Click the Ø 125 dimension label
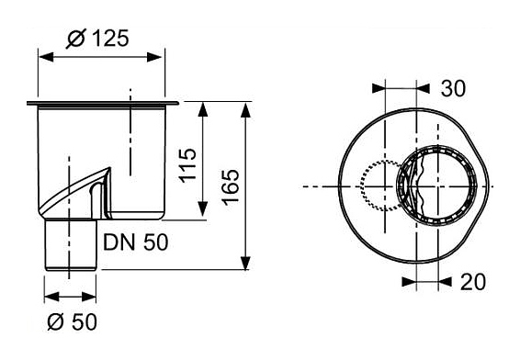click(x=97, y=39)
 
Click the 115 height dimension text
click(x=187, y=164)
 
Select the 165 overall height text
click(x=231, y=187)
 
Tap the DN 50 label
click(x=135, y=242)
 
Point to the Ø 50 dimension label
click(x=72, y=321)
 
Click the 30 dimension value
click(x=453, y=88)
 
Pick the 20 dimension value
click(x=473, y=282)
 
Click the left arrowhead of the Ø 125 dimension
click(x=46, y=57)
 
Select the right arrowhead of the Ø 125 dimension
click(x=154, y=57)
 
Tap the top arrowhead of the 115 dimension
click(x=203, y=109)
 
